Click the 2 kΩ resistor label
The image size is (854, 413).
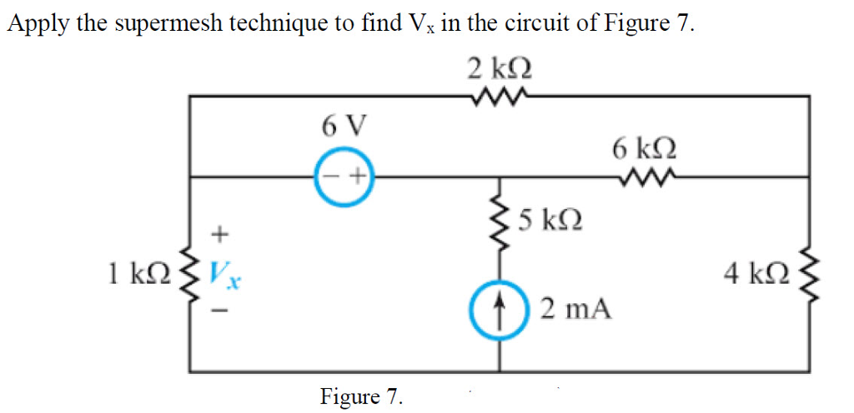point(500,67)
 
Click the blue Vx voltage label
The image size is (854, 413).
point(224,271)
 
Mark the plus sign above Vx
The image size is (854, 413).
point(219,234)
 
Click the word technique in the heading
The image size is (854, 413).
point(284,24)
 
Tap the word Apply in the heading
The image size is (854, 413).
point(38,25)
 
